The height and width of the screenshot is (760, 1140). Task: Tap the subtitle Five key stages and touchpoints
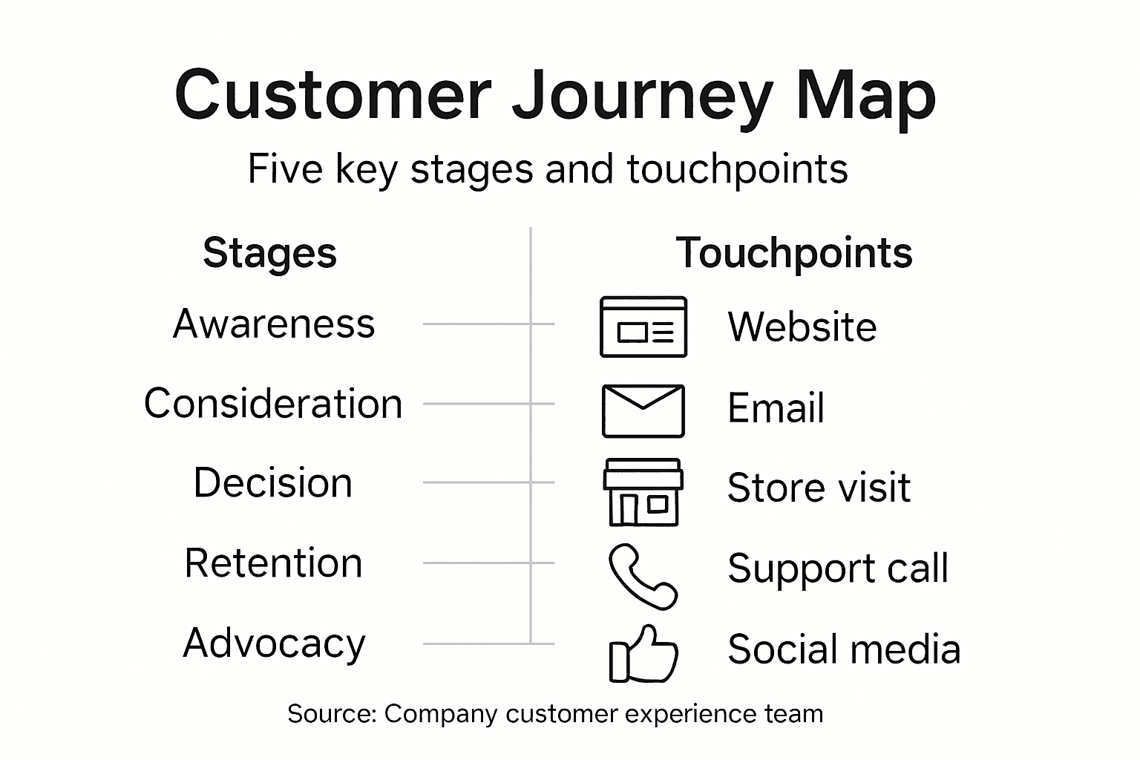[x=547, y=169]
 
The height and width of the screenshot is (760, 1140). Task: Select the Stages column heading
[x=269, y=253]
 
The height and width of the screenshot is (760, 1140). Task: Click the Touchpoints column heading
[x=793, y=253]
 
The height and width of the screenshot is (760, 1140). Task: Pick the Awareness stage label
[x=274, y=324]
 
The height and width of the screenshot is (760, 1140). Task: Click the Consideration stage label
[x=273, y=404]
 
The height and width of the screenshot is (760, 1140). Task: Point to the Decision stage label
[x=272, y=483]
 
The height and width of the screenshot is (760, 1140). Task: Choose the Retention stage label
[x=273, y=563]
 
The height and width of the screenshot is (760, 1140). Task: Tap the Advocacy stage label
[x=274, y=643]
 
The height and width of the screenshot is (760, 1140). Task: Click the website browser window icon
[x=643, y=327]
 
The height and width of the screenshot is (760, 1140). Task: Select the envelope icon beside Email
[x=643, y=410]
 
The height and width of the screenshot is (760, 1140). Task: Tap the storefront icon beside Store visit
[x=643, y=492]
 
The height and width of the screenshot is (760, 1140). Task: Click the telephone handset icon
[x=642, y=577]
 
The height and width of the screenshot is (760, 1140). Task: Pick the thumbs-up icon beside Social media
[x=643, y=655]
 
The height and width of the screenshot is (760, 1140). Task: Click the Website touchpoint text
[x=802, y=327]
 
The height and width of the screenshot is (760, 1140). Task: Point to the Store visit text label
[x=819, y=488]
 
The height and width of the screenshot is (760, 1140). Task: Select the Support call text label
[x=838, y=569]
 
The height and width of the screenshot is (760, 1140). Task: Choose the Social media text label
[x=844, y=649]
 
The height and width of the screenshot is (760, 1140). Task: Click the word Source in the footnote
[x=332, y=714]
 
